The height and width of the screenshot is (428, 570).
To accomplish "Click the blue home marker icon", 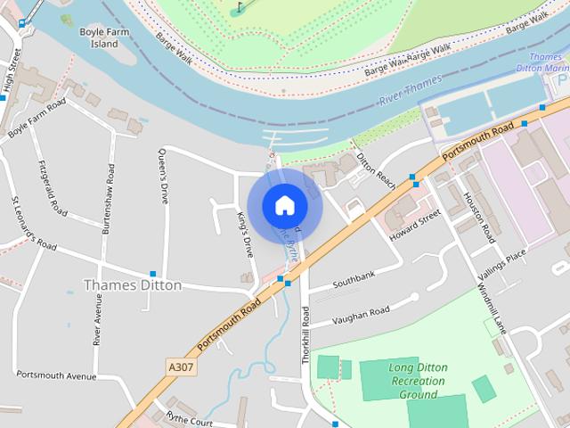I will [x=284, y=205].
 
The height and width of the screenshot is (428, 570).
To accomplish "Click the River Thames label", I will [x=411, y=93].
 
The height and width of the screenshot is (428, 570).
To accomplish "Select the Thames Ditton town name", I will [x=132, y=285].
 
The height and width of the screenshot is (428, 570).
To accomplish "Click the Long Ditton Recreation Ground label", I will [x=418, y=381].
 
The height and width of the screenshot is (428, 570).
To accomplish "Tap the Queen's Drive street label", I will [x=164, y=176].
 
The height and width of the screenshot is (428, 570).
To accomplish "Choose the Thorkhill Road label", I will [x=305, y=334].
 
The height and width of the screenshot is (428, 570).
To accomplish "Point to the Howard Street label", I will [x=415, y=226].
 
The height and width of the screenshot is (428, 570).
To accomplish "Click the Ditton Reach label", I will [x=375, y=169].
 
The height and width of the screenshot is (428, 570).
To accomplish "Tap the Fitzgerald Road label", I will [x=53, y=186].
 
